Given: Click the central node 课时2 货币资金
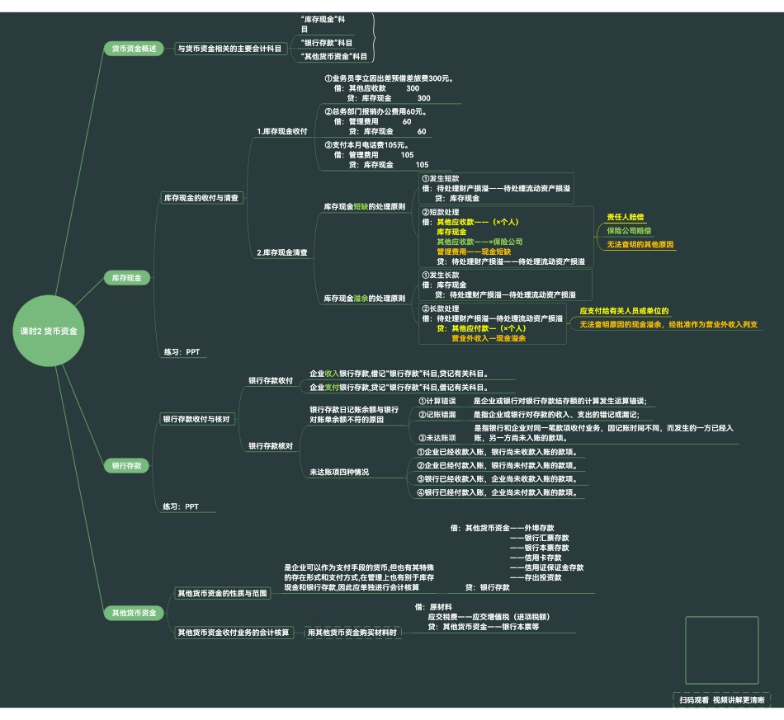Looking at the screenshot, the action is click(49, 331).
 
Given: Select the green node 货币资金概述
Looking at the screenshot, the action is click(134, 49).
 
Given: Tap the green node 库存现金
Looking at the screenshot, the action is click(126, 278).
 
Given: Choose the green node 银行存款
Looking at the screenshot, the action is click(126, 466).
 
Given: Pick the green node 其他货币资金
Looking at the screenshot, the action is click(134, 613).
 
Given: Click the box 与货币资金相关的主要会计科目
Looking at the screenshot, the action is click(230, 49).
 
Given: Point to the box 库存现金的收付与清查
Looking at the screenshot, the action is click(201, 198).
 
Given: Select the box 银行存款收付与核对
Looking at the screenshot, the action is click(196, 419).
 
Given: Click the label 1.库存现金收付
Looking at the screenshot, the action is click(282, 131).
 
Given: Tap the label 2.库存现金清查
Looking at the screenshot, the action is click(282, 252).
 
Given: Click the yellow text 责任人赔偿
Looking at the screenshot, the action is click(625, 217).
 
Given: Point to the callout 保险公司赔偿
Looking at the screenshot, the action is click(629, 230).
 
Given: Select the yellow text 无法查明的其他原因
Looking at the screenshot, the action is click(640, 244).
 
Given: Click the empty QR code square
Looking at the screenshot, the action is click(721, 650).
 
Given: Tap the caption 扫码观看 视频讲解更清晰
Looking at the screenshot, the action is click(721, 700).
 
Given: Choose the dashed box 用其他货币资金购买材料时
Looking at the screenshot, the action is click(352, 633).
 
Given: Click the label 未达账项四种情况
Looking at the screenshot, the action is click(339, 472).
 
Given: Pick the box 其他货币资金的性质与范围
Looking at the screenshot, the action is click(222, 593).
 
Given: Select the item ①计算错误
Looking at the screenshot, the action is click(437, 401).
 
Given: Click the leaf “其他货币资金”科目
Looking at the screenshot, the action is click(334, 56).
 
